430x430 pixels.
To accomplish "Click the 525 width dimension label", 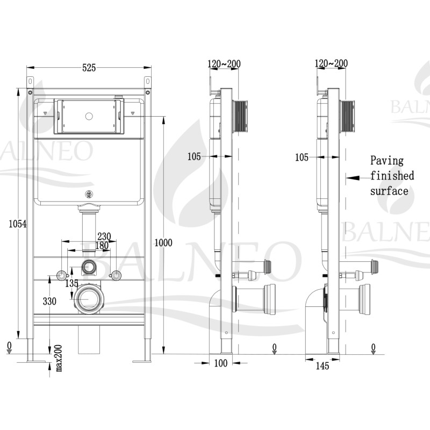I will pos(89,68).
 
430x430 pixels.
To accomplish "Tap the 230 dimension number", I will pos(104,236).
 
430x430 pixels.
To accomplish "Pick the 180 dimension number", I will pos(102,245).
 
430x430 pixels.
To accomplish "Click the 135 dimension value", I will pos(71,283).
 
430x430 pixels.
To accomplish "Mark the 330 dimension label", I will pos(49,302).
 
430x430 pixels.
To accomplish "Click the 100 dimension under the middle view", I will pos(221,364).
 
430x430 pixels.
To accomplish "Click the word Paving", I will pos(386,160).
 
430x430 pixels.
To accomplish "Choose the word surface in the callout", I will pos(389,191).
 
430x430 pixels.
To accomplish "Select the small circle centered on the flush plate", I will pos(89,116).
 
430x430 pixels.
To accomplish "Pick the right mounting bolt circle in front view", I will pos(114,276).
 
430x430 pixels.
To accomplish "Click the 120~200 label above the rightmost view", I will pos(332,63).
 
